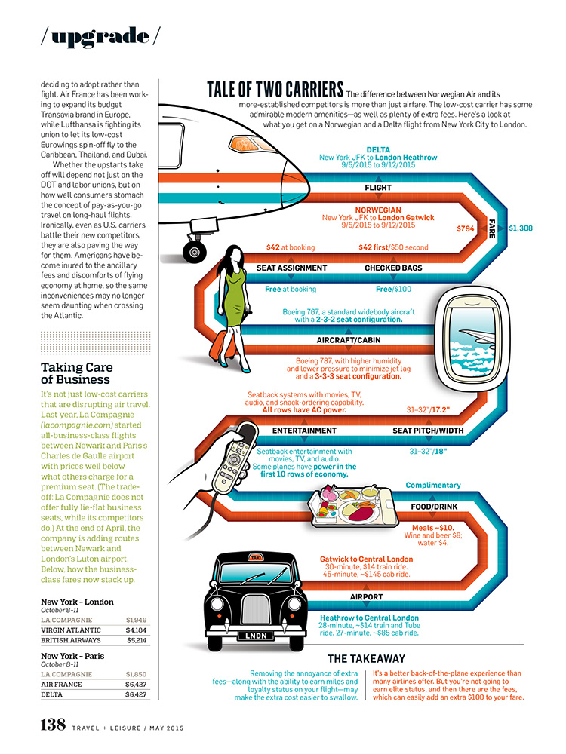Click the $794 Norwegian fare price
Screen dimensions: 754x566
tap(466, 228)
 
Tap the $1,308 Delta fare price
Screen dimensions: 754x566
tap(521, 228)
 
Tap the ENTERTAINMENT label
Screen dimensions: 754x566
tap(304, 431)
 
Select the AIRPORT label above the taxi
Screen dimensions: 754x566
tap(367, 597)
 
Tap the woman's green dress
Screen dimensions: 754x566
tap(238, 302)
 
